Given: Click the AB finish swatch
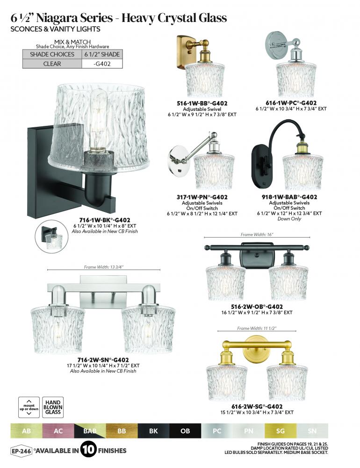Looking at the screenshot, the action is [26, 431].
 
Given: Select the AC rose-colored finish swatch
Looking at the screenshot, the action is [58, 431].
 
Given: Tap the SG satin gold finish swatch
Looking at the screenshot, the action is [281, 431].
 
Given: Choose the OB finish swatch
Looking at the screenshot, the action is [185, 431].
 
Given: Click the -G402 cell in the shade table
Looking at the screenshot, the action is [102, 64].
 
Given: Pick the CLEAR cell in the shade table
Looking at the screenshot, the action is [52, 64].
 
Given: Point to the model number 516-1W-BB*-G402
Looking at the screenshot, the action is [202, 103].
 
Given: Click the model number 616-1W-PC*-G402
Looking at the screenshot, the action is [291, 103].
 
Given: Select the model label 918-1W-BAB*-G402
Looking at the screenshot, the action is [289, 197].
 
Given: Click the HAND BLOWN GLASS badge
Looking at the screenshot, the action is [53, 407].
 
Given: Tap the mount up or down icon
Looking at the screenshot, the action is [29, 407].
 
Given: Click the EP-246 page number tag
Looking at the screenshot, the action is [21, 451].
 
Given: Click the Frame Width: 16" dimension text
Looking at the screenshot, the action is [257, 234].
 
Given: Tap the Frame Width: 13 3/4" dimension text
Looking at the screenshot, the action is [103, 267].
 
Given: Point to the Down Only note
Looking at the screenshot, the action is [289, 219].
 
